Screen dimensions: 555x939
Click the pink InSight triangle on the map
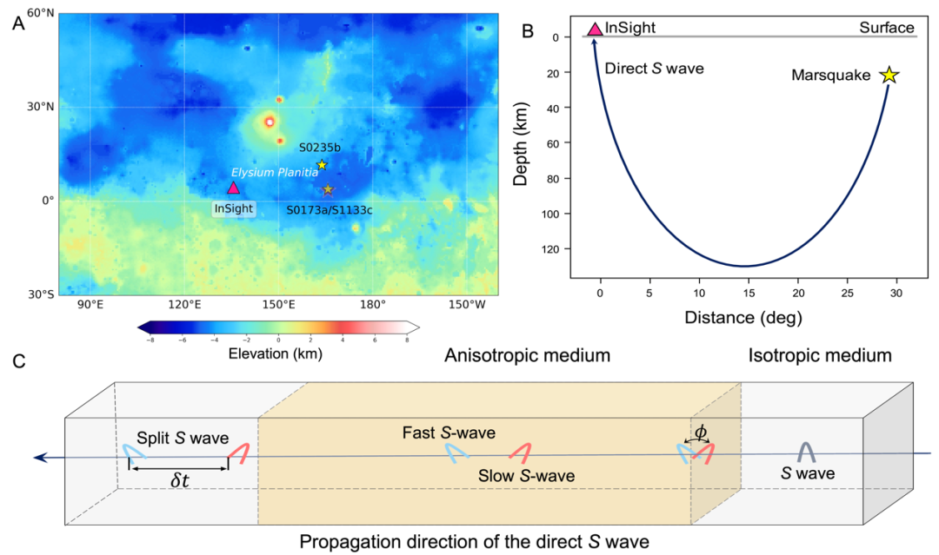(x=233, y=188)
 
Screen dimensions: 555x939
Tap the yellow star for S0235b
(x=322, y=165)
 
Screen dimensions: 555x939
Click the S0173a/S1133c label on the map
(x=323, y=209)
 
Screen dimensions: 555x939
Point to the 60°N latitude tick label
(x=38, y=14)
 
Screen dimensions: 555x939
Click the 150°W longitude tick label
(x=467, y=305)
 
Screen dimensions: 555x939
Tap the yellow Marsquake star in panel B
(x=889, y=76)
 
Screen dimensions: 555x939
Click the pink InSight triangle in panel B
(x=595, y=29)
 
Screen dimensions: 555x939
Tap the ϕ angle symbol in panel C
(x=701, y=430)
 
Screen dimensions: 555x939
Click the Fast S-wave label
(x=449, y=432)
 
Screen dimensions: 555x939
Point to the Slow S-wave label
(x=526, y=476)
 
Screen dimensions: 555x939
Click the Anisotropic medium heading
(x=527, y=355)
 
